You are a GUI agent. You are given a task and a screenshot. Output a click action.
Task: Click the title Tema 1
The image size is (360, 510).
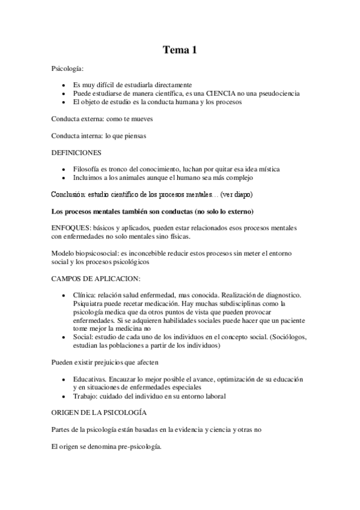tap(180, 51)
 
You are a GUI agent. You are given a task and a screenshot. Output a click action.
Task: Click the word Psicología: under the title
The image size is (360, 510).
tap(69, 70)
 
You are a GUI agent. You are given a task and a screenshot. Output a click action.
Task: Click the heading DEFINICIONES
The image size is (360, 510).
tap(76, 153)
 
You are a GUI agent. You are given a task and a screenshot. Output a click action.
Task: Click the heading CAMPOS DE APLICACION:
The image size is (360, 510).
tap(96, 279)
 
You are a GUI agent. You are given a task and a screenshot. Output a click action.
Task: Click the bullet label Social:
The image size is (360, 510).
tap(83, 338)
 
